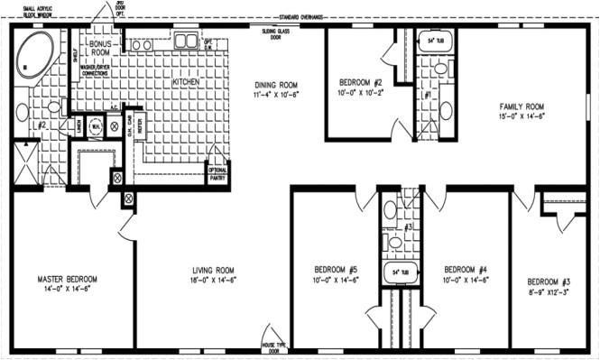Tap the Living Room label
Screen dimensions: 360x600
(214, 268)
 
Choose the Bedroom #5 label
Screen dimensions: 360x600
(337, 268)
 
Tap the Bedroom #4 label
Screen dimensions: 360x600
(466, 268)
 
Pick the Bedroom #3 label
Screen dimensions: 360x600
(550, 279)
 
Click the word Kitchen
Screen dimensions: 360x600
(185, 82)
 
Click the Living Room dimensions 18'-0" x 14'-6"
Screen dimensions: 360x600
(214, 279)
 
